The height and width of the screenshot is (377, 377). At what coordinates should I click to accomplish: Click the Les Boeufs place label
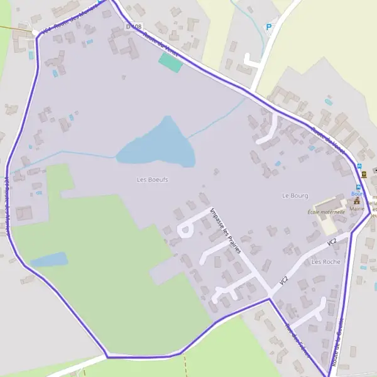pos(152,180)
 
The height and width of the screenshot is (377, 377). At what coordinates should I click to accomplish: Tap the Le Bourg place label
pos(295,195)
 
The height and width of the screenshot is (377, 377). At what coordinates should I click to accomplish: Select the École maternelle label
pos(326,212)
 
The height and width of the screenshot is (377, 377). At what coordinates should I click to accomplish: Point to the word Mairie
pos(358,208)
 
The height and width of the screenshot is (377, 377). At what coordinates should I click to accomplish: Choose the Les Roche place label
pos(325,261)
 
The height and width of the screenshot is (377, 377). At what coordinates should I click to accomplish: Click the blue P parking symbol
pos(269,27)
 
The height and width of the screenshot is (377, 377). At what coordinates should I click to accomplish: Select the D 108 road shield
pos(133,26)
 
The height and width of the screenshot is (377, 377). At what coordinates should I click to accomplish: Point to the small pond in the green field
pos(48,260)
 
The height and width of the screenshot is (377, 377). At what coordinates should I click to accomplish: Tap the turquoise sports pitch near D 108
pos(169,61)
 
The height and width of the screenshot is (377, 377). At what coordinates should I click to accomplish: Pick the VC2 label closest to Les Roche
pos(331,242)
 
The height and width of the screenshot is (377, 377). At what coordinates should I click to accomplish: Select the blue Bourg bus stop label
pos(357,194)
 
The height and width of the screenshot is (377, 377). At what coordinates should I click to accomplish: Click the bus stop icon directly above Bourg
pos(359,187)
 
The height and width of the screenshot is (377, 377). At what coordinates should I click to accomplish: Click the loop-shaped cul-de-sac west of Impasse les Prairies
pos(185,229)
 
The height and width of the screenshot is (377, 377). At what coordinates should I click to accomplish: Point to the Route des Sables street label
pos(296,340)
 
